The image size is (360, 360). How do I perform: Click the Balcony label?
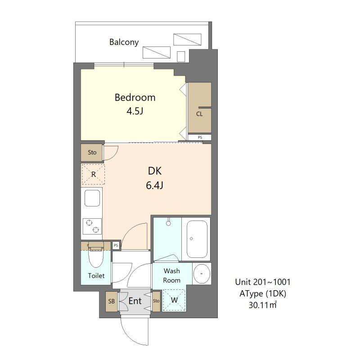(124, 42)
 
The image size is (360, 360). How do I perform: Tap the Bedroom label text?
(135, 98)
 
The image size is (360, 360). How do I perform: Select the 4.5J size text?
(135, 111)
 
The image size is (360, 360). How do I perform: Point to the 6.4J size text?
(154, 185)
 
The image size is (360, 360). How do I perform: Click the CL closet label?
(199, 114)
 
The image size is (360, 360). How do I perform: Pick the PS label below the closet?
(200, 137)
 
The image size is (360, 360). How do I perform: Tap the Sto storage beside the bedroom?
(92, 153)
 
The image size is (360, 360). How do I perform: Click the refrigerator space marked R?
(93, 174)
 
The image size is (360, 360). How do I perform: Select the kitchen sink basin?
(92, 198)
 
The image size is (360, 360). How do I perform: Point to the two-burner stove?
(92, 226)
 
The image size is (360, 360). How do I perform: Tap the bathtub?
(197, 239)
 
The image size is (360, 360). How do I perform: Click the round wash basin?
(202, 274)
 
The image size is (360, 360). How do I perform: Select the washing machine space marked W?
(174, 300)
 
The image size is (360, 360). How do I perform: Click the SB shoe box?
(111, 301)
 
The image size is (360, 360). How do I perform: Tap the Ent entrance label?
(135, 301)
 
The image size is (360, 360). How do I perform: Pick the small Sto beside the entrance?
(156, 301)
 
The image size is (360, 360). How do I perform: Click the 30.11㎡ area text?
(263, 305)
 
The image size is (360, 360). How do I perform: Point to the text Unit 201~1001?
(263, 282)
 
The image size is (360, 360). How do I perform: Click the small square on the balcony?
(181, 57)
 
